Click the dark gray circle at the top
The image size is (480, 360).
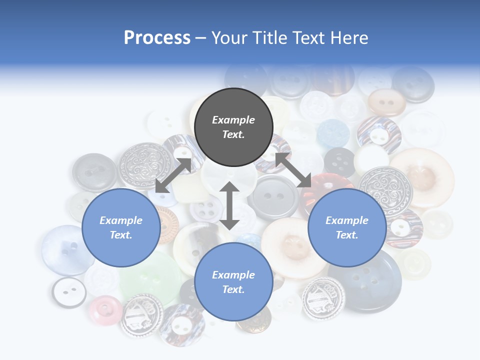[233, 127]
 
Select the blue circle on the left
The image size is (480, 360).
[120, 228]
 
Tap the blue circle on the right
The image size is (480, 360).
[346, 228]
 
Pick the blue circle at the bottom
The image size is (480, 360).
[233, 282]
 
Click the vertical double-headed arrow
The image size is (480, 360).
[229, 205]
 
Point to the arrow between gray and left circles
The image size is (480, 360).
[173, 175]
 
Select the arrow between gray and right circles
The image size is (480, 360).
[293, 170]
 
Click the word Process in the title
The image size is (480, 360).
[157, 38]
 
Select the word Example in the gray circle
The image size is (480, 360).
[233, 120]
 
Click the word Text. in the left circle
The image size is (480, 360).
[120, 235]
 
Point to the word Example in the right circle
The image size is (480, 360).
[346, 220]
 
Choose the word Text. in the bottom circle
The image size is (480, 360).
[233, 289]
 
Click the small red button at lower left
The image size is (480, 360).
[105, 309]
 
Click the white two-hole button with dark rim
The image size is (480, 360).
[69, 291]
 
